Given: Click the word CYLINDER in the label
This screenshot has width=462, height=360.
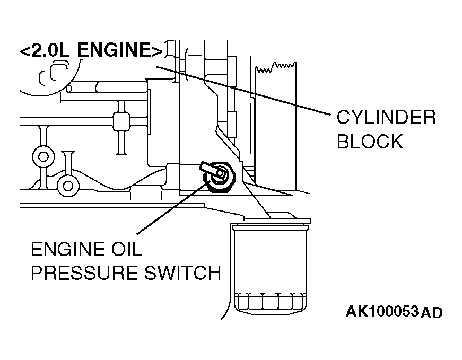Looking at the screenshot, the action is pyautogui.click(x=386, y=117).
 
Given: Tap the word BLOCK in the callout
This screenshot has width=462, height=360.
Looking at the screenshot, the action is pyautogui.click(x=370, y=141).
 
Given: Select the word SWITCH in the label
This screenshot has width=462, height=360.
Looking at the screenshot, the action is pyautogui.click(x=182, y=273).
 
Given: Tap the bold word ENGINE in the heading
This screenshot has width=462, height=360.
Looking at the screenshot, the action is pyautogui.click(x=116, y=49).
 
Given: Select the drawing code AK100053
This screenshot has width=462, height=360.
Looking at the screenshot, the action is pyautogui.click(x=382, y=311).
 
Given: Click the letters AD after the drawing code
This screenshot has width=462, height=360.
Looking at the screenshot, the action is pyautogui.click(x=431, y=313).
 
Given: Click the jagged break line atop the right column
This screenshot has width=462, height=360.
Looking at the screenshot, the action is pyautogui.click(x=275, y=67).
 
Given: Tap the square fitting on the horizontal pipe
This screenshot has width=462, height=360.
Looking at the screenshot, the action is pyautogui.click(x=121, y=121).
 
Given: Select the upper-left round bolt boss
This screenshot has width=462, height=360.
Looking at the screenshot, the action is pyautogui.click(x=43, y=157).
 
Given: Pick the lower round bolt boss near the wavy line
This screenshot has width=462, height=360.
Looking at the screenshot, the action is pyautogui.click(x=68, y=186).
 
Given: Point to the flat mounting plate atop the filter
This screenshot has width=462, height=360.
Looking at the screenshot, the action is pyautogui.click(x=277, y=220).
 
